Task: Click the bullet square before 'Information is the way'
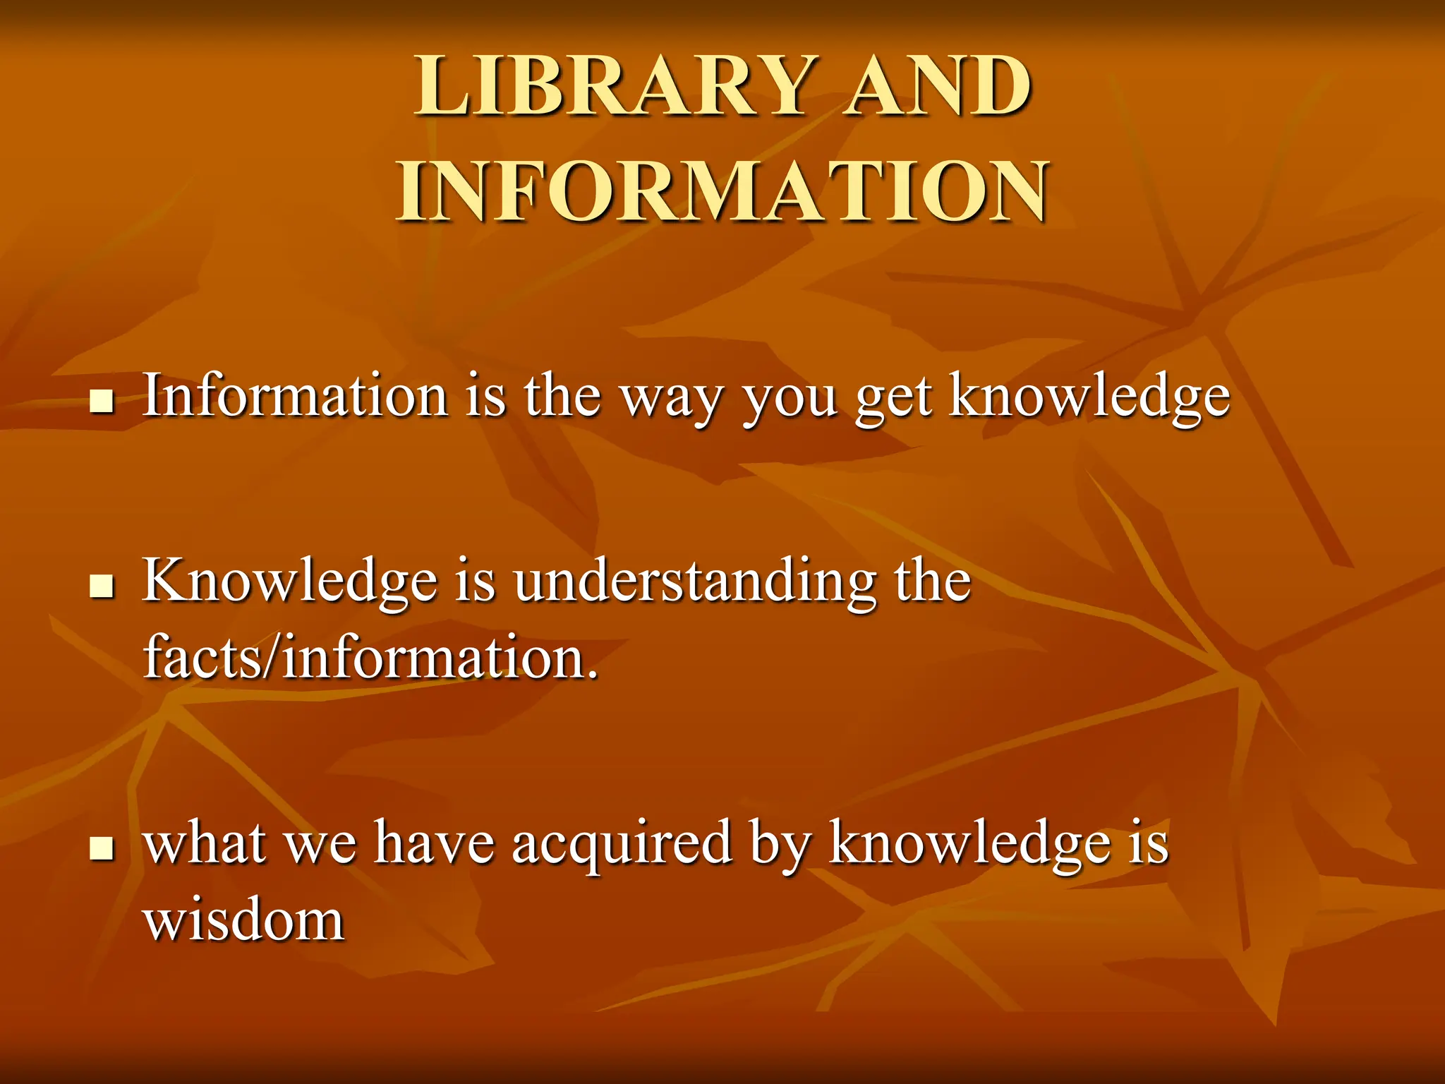point(102,402)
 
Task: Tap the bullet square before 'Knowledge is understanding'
point(102,586)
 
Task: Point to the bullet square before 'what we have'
point(102,848)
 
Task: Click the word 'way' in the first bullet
point(671,399)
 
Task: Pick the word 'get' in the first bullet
point(893,399)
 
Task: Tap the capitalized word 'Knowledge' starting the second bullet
point(289,582)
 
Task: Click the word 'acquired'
point(622,844)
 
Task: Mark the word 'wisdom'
point(244,920)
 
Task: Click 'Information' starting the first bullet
point(295,395)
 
